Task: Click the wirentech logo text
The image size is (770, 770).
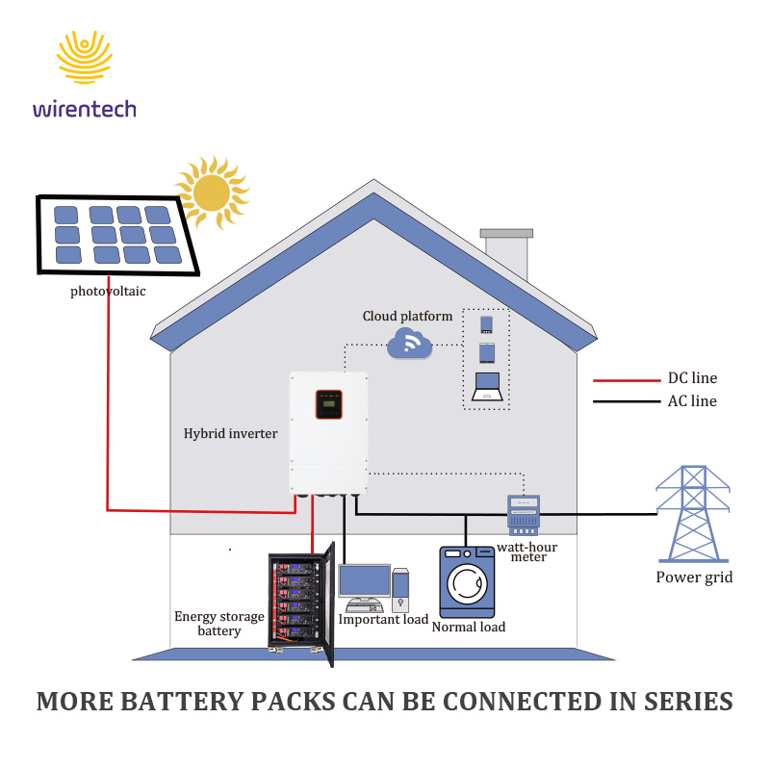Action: click(85, 109)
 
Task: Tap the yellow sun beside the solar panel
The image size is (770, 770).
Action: click(212, 192)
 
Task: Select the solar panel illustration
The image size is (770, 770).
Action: click(117, 235)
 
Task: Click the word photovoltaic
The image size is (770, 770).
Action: click(108, 292)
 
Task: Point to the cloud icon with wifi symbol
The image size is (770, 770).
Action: click(410, 344)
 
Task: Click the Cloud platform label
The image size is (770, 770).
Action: click(407, 316)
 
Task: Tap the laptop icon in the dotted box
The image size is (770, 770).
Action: click(487, 387)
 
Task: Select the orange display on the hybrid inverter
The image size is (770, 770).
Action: click(328, 404)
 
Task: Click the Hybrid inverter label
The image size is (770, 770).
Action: click(230, 433)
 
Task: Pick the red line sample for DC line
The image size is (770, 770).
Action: click(627, 380)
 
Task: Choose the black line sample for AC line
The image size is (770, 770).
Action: click(627, 401)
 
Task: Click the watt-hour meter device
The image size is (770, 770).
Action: click(524, 515)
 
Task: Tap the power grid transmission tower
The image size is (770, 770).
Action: click(693, 514)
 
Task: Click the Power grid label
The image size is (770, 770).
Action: click(694, 577)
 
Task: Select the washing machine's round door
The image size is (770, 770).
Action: click(467, 584)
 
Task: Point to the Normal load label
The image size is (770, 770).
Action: click(469, 627)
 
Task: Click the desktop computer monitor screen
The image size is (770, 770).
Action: click(365, 581)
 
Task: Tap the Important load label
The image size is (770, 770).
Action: click(383, 619)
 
